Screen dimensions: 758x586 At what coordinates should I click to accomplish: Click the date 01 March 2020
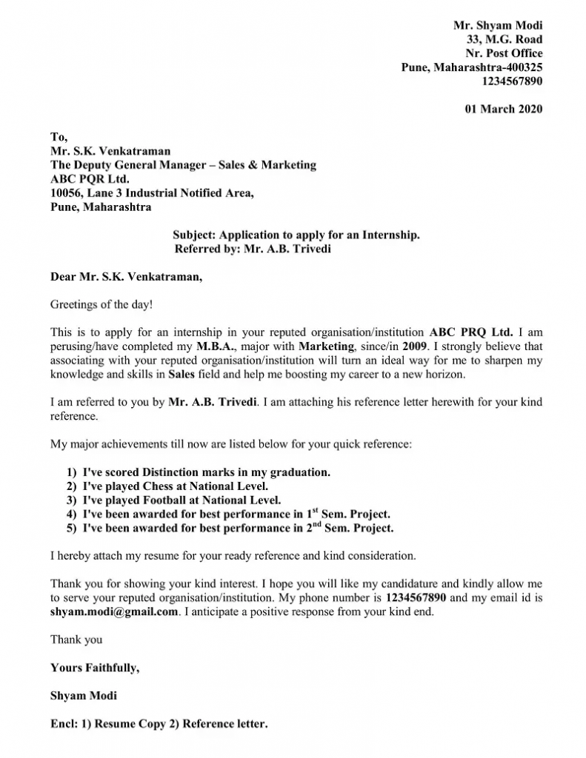coord(503,110)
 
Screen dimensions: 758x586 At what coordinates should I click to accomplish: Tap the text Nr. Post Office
coord(504,53)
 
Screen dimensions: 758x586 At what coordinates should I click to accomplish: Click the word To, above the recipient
coord(59,137)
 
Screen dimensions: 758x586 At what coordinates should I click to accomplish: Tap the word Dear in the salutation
coord(63,278)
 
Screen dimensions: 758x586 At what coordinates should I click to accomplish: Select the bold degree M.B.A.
coord(216,346)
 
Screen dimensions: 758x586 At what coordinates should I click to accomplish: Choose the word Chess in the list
coord(158,486)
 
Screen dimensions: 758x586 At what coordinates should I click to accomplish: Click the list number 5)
coord(71,529)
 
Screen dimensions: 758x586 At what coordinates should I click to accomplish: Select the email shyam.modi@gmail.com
coord(114,612)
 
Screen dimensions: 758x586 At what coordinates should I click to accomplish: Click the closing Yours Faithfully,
coord(94,668)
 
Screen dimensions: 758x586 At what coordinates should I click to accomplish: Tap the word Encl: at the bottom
coord(65,724)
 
